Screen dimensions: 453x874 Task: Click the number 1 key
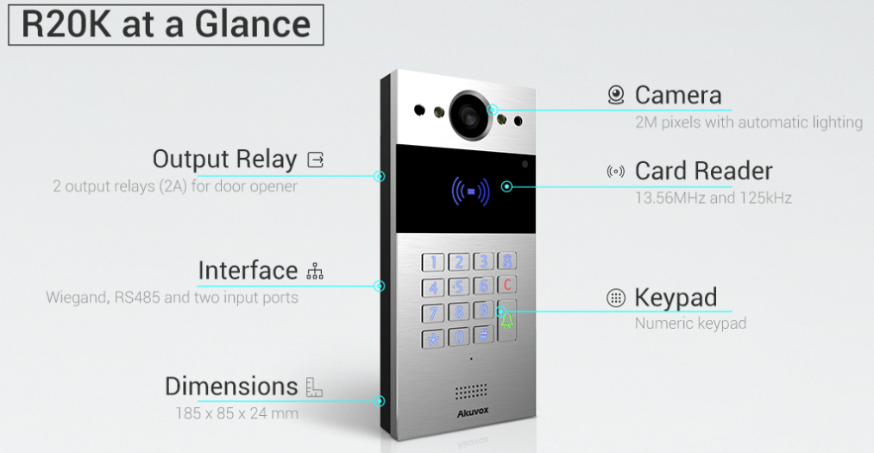point(434,262)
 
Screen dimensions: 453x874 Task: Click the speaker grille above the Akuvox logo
point(471,393)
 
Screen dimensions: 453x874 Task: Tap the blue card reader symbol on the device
point(469,191)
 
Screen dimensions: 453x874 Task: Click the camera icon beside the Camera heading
point(615,95)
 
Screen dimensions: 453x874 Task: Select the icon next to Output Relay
point(316,160)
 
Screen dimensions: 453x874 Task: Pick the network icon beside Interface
point(315,272)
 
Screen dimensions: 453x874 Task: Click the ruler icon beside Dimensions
point(314,387)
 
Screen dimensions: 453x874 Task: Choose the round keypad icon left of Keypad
point(615,299)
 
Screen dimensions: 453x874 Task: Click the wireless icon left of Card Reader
point(615,172)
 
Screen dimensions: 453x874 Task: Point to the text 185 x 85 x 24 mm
point(236,413)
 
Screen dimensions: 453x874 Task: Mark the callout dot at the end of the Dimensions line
point(380,400)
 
